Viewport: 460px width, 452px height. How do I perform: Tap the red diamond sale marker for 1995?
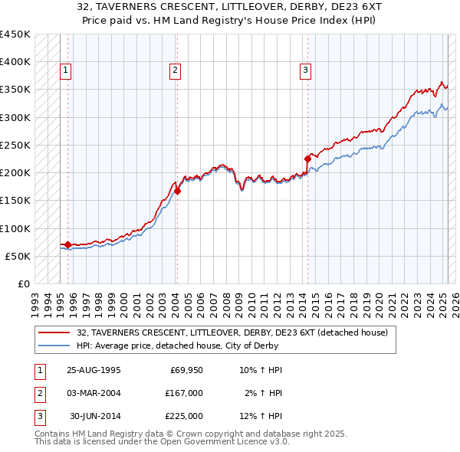click(x=67, y=244)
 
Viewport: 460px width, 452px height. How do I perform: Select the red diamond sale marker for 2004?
click(x=177, y=192)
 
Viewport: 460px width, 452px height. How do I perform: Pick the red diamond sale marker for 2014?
click(x=307, y=159)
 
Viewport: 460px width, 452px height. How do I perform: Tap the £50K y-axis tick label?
click(x=18, y=257)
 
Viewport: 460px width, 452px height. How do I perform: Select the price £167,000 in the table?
click(x=184, y=393)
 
